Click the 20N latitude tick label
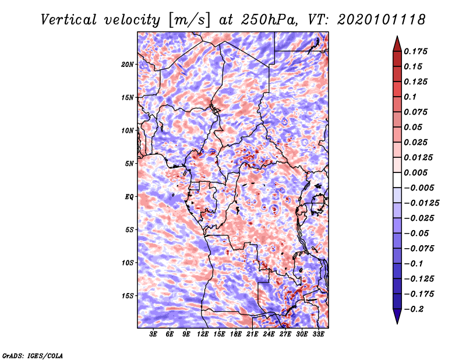point(128,64)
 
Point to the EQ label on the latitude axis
point(129,196)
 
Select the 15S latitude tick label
point(128,295)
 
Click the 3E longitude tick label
point(154,334)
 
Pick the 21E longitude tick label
point(252,334)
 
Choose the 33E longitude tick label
point(318,334)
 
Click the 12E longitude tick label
point(203,334)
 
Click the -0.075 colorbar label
point(419,248)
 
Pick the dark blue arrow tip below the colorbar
point(396,318)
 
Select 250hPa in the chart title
point(262,20)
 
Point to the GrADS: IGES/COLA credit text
point(32,355)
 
